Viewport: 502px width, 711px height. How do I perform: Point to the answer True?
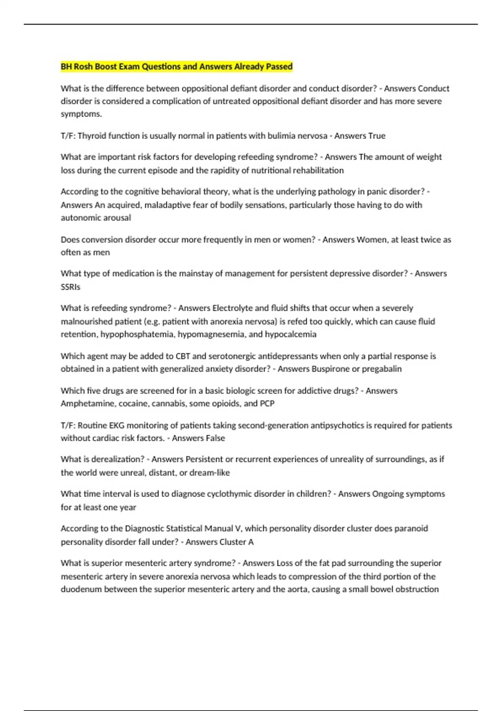coord(376,136)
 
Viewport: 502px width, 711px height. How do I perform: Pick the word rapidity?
coord(227,171)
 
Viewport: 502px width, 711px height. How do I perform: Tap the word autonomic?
coord(79,218)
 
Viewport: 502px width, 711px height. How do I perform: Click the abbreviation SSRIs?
coord(70,287)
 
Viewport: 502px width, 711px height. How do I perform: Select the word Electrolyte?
coord(232,308)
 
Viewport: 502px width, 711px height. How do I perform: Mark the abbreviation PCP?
coord(267,404)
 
